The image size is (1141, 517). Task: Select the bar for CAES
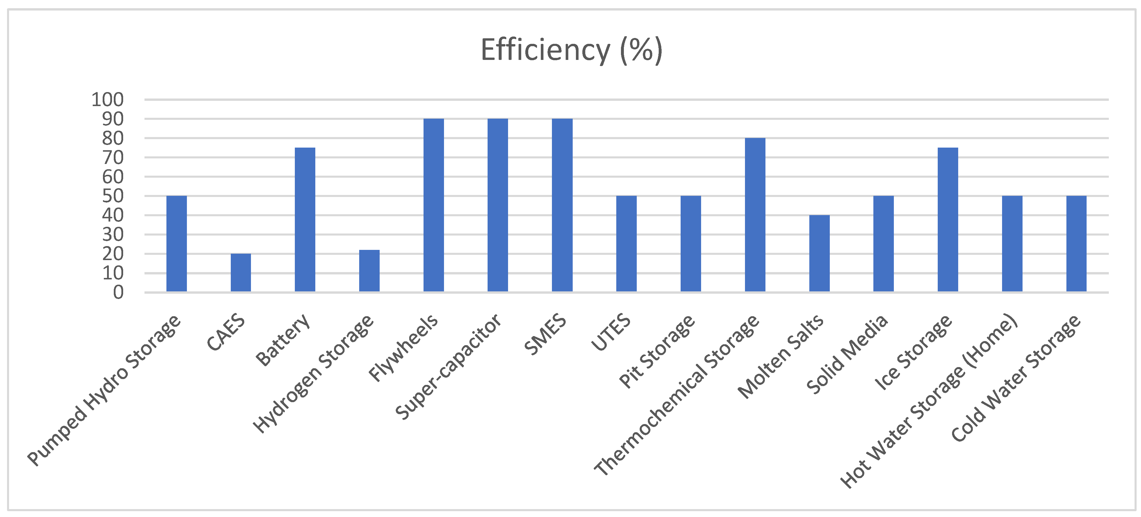240,273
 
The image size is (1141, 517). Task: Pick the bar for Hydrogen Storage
369,271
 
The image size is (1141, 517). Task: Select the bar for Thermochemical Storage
755,215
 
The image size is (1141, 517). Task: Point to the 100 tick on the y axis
107,100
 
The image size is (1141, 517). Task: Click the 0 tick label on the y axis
118,293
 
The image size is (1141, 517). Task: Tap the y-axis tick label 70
113,158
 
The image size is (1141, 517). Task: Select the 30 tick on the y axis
113,235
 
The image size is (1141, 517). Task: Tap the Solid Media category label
847,354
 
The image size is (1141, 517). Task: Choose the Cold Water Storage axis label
1015,378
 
